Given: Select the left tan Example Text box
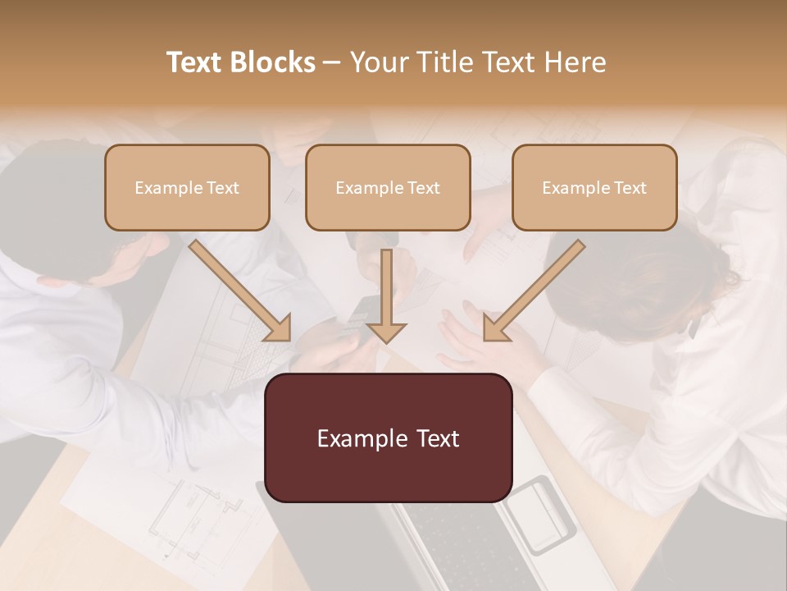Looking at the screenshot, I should (x=187, y=187).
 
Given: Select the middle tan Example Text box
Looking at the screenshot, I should (x=388, y=187).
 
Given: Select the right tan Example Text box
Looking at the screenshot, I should (x=594, y=187).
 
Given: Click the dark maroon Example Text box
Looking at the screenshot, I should (x=388, y=438).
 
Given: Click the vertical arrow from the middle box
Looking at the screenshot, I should (x=386, y=295).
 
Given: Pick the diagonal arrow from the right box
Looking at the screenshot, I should (x=533, y=291).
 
